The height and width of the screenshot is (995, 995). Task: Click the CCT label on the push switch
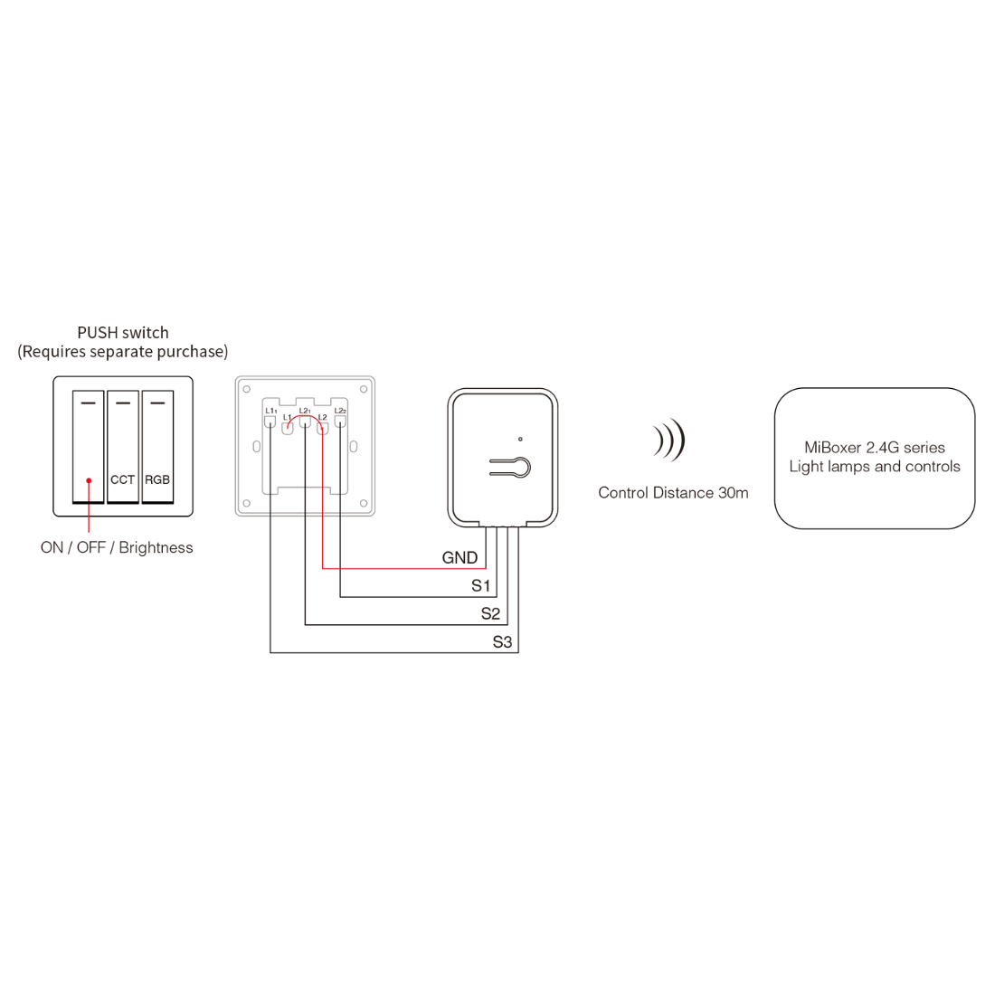point(122,479)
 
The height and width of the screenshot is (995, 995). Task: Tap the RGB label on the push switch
point(157,479)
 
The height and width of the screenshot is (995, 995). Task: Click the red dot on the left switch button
point(89,480)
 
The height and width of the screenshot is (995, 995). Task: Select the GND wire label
point(460,558)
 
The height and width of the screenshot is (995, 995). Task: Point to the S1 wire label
point(481,586)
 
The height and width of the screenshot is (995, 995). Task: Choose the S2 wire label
point(490,614)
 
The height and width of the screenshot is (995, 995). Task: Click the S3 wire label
point(502,642)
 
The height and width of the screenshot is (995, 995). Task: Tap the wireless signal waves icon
point(669,441)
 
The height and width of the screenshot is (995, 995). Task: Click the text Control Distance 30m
point(673,493)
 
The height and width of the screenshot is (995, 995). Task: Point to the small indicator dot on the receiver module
point(520,439)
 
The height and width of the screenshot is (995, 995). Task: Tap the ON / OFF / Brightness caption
point(117,547)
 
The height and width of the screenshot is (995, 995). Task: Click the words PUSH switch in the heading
point(123,333)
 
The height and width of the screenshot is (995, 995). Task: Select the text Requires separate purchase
point(123,352)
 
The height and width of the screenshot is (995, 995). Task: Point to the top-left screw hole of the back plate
point(247,390)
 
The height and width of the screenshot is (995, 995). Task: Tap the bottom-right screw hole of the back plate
point(363,503)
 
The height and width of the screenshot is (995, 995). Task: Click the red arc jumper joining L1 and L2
point(305,417)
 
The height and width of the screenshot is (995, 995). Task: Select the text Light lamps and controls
point(875,467)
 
